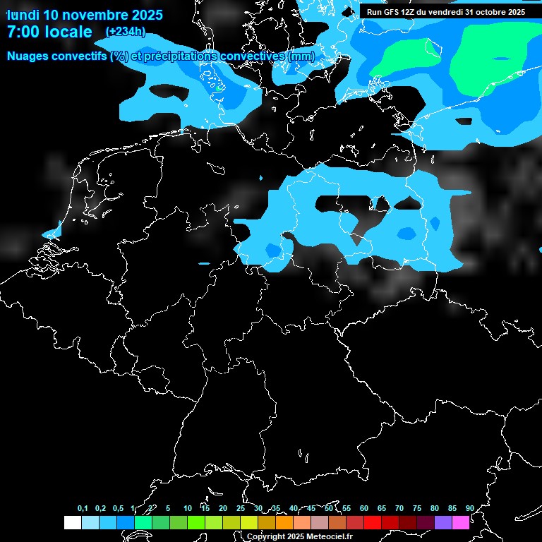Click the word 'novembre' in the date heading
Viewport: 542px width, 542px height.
pyautogui.click(x=95, y=15)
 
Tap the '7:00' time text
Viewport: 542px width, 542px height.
pyautogui.click(x=23, y=32)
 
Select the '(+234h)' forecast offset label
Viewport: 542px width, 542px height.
pyautogui.click(x=126, y=31)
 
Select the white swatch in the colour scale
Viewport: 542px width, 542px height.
pyautogui.click(x=72, y=522)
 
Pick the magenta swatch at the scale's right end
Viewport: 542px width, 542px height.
pyautogui.click(x=460, y=522)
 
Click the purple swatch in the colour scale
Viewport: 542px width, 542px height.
pyautogui.click(x=442, y=522)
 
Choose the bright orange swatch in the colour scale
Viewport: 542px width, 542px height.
pyautogui.click(x=284, y=522)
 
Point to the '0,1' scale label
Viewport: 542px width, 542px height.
pyautogui.click(x=83, y=508)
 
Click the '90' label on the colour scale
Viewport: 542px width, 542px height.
pyautogui.click(x=469, y=508)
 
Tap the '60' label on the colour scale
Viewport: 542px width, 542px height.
pyautogui.click(x=363, y=508)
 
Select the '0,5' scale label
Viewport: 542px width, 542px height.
pyautogui.click(x=118, y=508)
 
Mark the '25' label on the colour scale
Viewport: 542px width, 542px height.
pyautogui.click(x=240, y=508)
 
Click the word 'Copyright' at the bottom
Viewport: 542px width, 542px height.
pyautogui.click(x=266, y=536)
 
